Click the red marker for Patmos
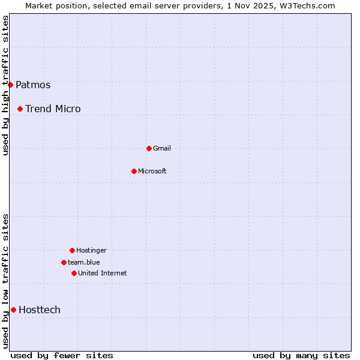tap(10, 85)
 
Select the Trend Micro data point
tap(20, 109)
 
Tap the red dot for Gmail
tap(149, 148)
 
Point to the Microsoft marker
tap(134, 171)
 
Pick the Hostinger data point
tap(72, 250)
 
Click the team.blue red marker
tap(64, 262)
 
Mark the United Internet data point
tap(74, 273)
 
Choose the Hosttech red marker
tap(13, 310)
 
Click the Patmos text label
tap(33, 85)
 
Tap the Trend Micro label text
tap(53, 109)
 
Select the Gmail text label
tap(162, 148)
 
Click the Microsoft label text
tap(152, 171)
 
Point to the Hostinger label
tap(91, 250)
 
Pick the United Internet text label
tap(103, 273)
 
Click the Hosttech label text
tap(40, 310)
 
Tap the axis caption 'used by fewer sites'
tap(62, 355)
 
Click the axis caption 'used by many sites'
tap(301, 355)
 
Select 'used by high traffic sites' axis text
tap(6, 85)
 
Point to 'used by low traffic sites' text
tap(6, 281)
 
